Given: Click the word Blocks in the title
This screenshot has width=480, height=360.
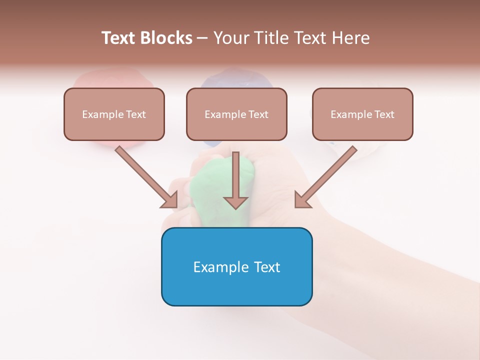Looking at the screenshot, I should tap(165, 38).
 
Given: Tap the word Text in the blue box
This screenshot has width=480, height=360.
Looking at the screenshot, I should tap(267, 267).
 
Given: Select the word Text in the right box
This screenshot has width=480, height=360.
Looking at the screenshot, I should tap(384, 114).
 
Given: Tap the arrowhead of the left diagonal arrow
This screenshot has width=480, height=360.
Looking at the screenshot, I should tap(170, 200).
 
